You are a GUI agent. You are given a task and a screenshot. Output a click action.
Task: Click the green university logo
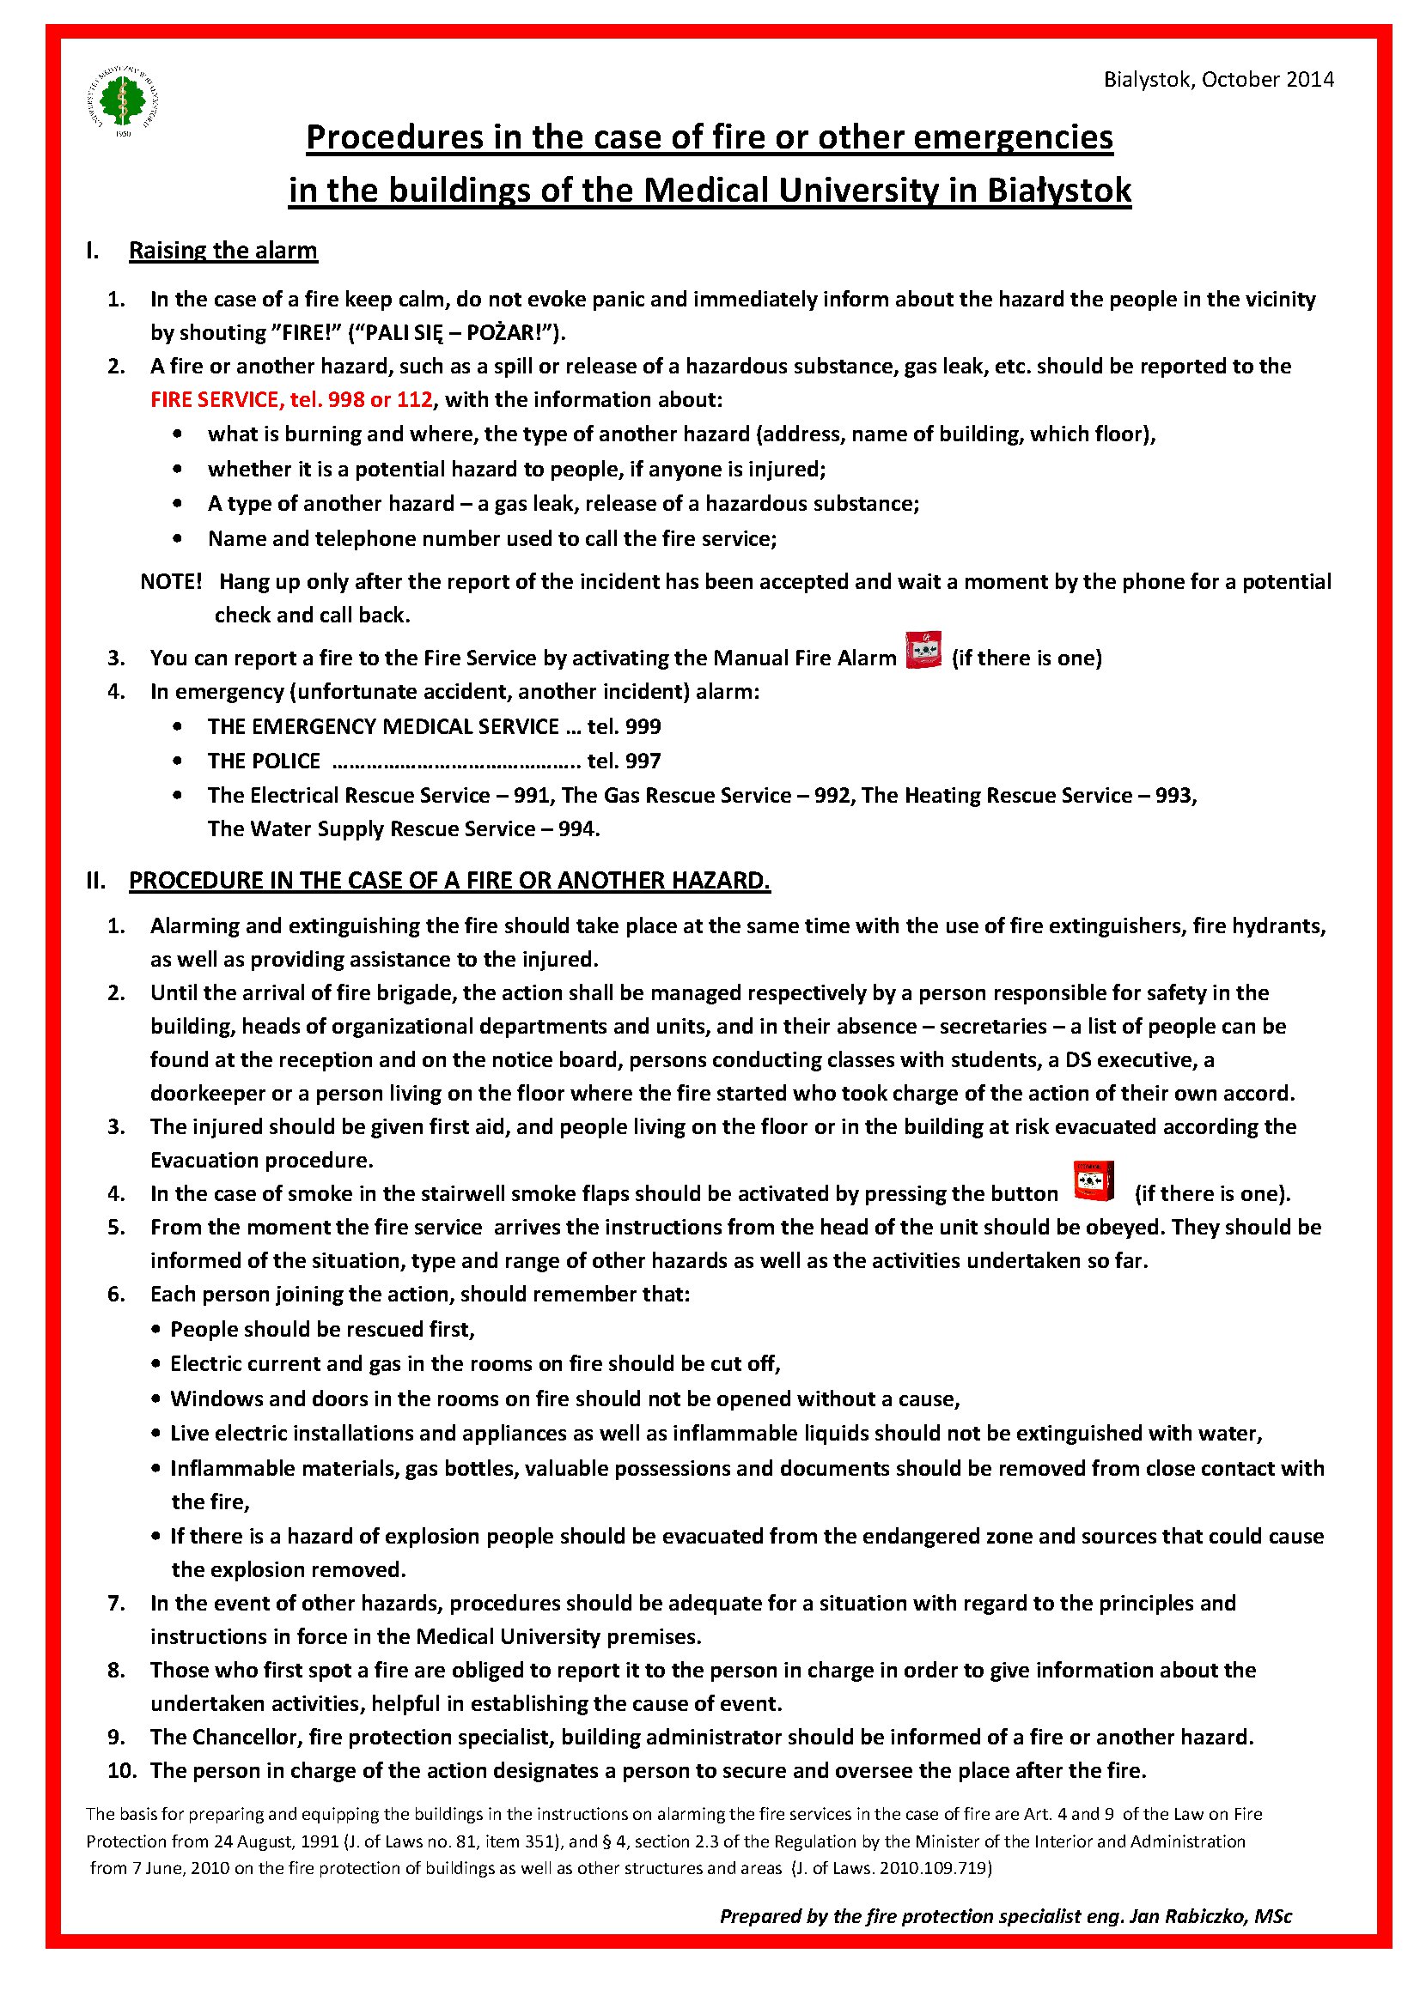(x=124, y=100)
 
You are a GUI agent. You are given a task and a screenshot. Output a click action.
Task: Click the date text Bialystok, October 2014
(x=1218, y=80)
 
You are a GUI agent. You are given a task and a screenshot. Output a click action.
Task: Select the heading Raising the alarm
(x=222, y=251)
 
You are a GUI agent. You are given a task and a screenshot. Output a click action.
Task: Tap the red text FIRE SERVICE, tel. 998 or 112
(x=291, y=400)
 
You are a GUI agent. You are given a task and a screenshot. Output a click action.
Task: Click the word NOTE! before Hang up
(x=172, y=581)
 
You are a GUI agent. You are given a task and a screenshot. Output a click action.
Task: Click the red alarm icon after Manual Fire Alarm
(x=923, y=650)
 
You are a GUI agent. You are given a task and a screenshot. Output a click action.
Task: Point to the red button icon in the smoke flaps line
(x=1094, y=1181)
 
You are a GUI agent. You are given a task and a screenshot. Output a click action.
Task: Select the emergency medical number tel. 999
(x=624, y=727)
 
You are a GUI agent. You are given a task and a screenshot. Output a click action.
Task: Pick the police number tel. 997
(x=624, y=761)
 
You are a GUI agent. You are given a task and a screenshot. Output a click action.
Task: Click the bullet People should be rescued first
(x=322, y=1329)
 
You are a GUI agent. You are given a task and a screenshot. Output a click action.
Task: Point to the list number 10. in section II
(x=122, y=1770)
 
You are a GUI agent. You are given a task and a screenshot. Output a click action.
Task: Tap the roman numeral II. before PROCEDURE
(x=95, y=880)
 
